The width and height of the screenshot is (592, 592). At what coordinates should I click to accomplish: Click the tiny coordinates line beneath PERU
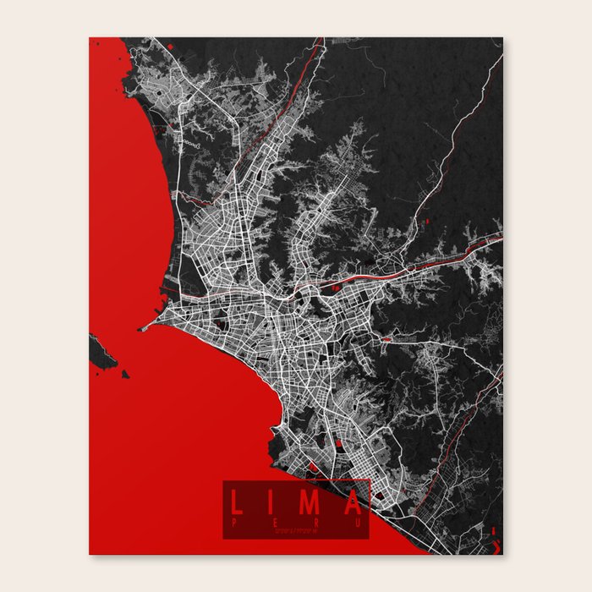click(x=297, y=531)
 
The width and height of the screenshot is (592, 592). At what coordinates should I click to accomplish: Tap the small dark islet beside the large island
click(x=125, y=373)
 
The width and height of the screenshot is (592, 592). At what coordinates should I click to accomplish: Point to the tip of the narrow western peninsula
click(x=143, y=328)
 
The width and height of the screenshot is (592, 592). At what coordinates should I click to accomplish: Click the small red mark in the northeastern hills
click(x=430, y=222)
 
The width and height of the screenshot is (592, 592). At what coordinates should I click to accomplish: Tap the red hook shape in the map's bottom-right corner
click(x=495, y=541)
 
